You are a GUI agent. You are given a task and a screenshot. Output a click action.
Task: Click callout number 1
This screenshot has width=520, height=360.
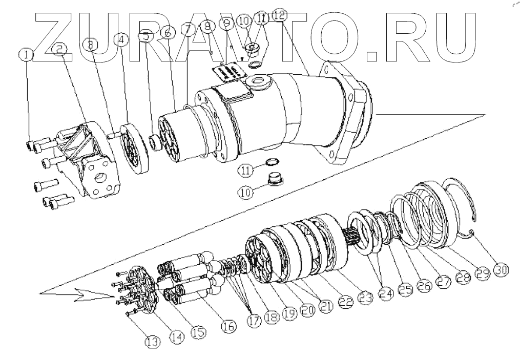point(27,54)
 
